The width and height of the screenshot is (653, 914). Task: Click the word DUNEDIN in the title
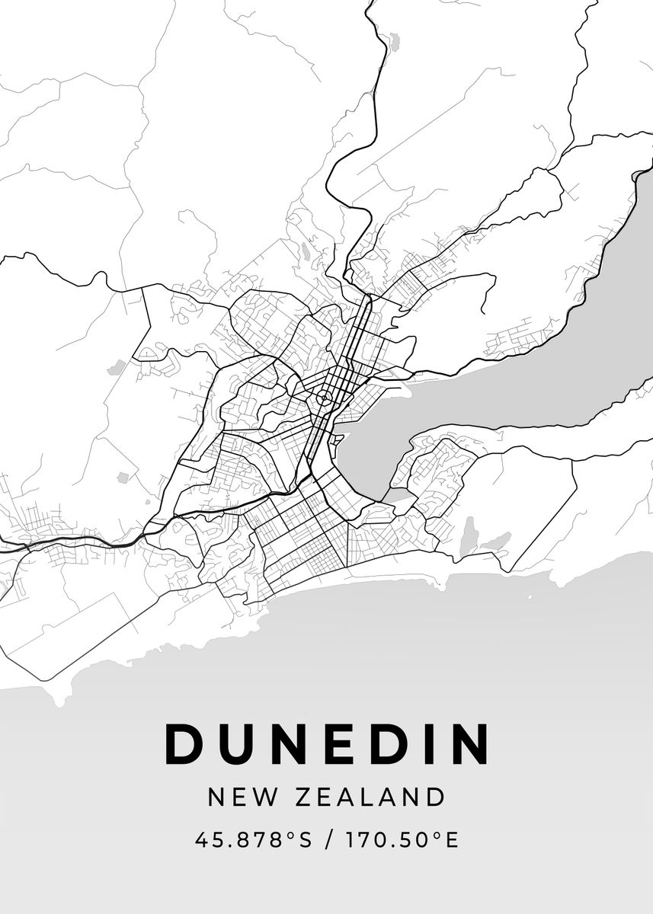pyautogui.click(x=327, y=743)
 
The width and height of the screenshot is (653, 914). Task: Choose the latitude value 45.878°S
pyautogui.click(x=254, y=840)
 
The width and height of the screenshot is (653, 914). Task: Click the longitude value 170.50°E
pyautogui.click(x=402, y=840)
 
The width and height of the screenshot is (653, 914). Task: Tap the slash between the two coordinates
pyautogui.click(x=328, y=840)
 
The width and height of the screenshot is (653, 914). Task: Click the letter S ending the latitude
pyautogui.click(x=306, y=840)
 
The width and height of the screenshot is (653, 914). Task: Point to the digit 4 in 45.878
pyautogui.click(x=201, y=840)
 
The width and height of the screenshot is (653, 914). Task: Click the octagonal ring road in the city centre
pyautogui.click(x=324, y=397)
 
